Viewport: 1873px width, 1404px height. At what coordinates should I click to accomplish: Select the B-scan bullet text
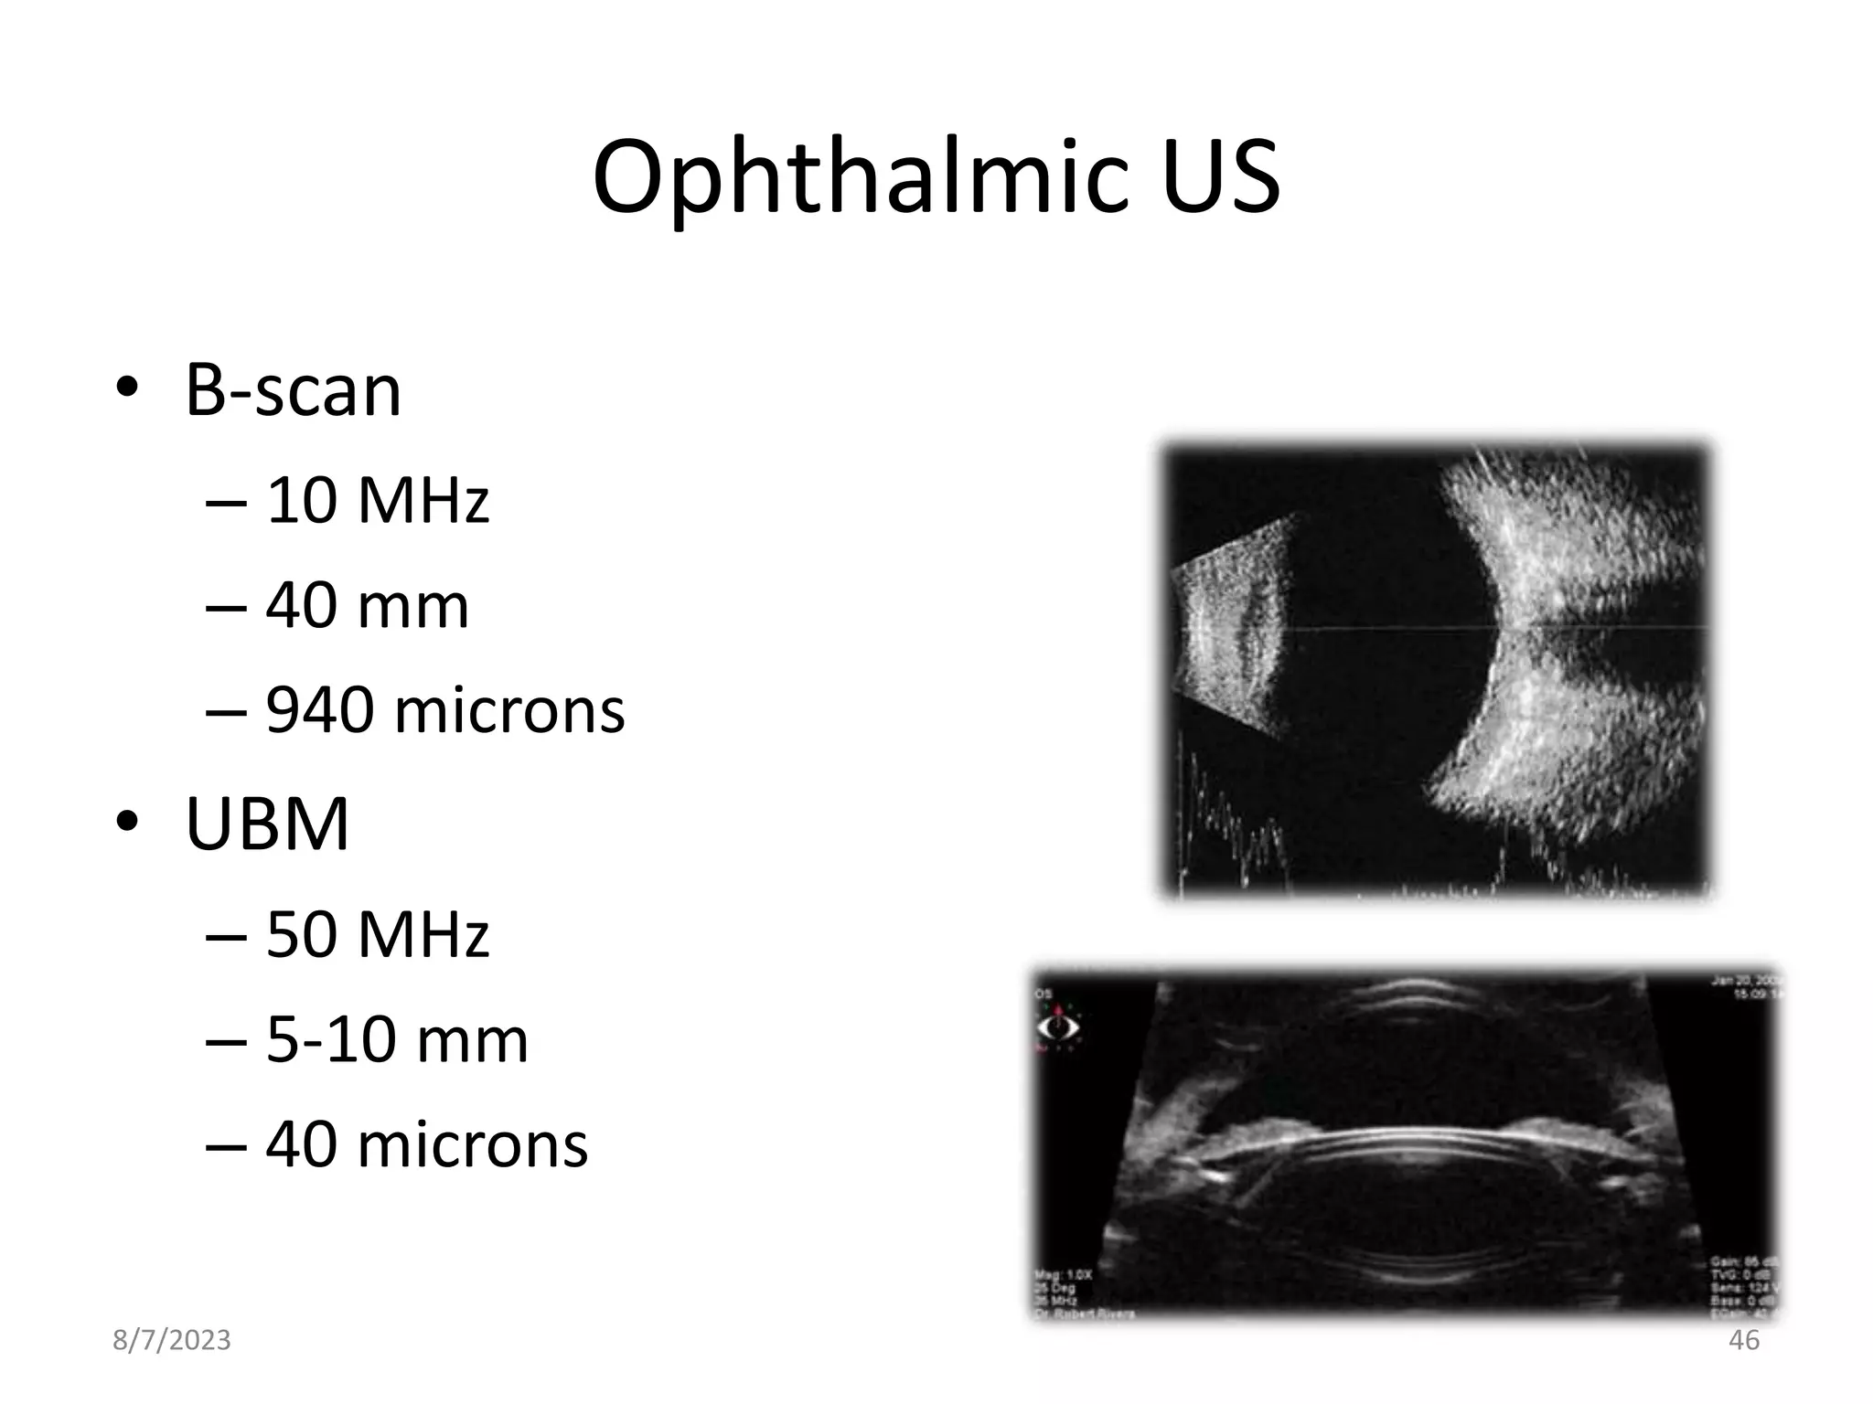coord(293,390)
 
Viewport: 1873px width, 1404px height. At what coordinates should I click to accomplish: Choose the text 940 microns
coord(444,710)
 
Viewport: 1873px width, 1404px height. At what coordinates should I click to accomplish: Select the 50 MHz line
coord(377,934)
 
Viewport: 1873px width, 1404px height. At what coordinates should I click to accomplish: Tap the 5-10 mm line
coord(397,1039)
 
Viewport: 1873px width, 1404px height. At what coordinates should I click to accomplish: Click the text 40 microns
coord(426,1144)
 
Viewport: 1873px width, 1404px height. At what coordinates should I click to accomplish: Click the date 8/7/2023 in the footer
coord(172,1340)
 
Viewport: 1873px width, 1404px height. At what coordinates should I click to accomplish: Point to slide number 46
coord(1744,1340)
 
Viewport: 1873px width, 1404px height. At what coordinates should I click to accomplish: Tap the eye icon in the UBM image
coord(1057,1026)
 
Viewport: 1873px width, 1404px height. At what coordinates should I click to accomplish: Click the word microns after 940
coord(509,710)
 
